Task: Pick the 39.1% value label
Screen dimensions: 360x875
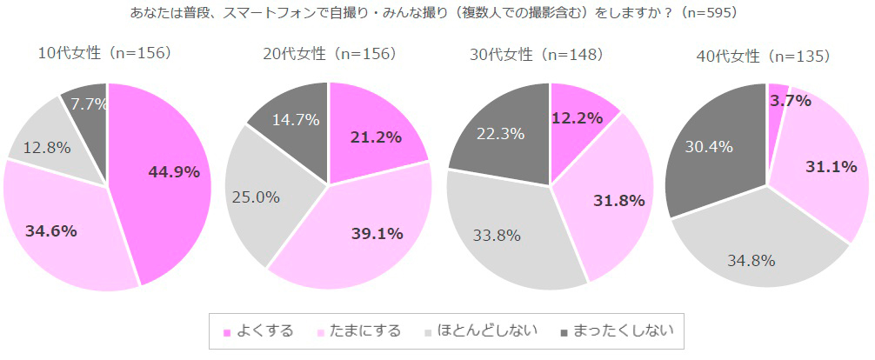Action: click(376, 233)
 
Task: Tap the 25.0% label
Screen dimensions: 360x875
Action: click(256, 197)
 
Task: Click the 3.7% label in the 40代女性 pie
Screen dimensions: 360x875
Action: click(791, 100)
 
